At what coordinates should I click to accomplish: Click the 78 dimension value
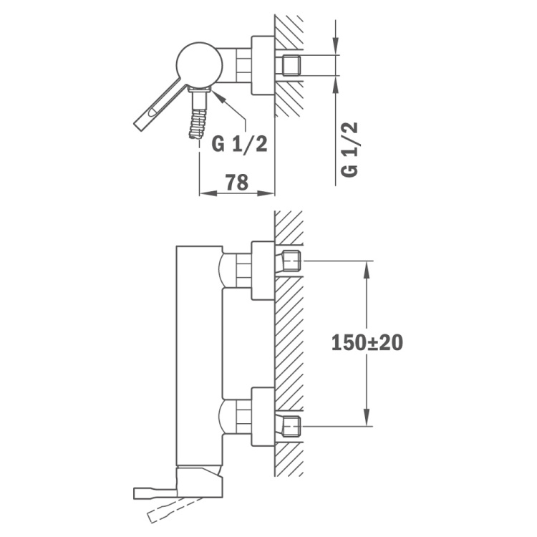[237, 182]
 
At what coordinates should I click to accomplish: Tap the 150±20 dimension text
[367, 342]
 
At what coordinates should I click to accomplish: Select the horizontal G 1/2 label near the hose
[239, 144]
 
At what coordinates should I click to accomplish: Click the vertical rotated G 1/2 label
[349, 150]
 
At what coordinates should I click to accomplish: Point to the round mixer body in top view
[200, 65]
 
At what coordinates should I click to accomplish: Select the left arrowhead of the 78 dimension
[208, 193]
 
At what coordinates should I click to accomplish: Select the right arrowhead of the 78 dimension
[266, 193]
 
